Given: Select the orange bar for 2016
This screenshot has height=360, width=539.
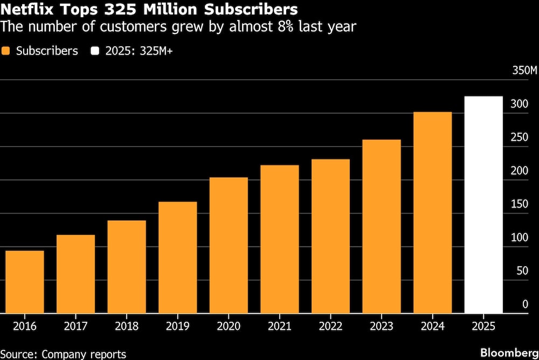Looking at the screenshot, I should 25,282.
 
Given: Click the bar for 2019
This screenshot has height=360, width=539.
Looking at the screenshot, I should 177,258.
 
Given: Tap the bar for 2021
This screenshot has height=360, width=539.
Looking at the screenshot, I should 279,239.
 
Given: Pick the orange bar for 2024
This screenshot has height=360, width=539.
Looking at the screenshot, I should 432,212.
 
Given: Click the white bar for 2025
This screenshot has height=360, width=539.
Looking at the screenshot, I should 483,205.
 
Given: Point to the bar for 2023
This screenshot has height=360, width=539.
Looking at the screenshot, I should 382,226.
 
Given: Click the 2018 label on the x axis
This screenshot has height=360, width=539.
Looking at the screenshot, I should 127,327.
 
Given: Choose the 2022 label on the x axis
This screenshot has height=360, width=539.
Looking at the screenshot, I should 330,327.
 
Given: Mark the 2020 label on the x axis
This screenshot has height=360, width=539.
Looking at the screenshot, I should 229,327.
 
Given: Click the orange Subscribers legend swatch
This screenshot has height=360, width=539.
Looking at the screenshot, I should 6,51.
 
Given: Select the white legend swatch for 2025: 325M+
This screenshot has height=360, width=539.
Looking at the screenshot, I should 96,51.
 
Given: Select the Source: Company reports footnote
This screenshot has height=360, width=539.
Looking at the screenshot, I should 63,354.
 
